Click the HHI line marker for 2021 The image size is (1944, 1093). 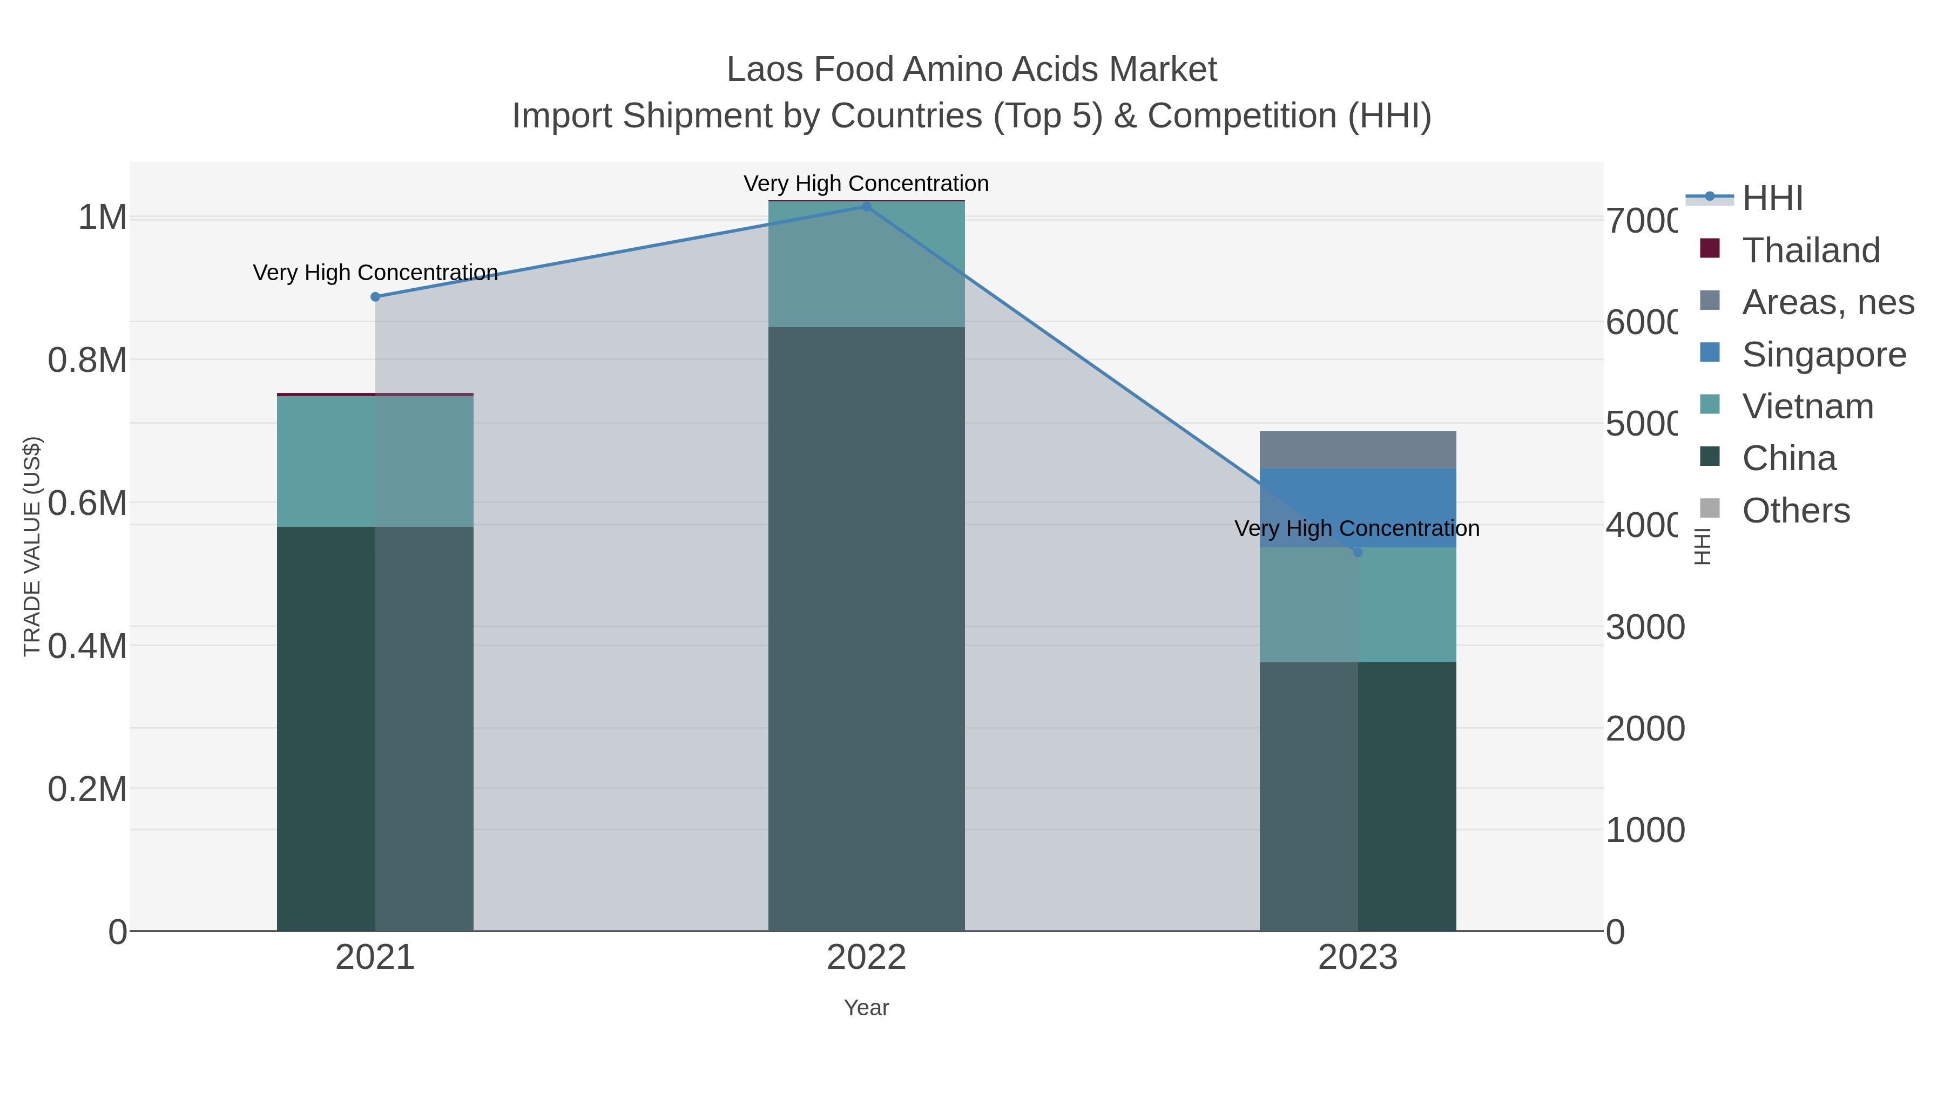[x=375, y=297]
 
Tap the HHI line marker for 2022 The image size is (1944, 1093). [x=866, y=207]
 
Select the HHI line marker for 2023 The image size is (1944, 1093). [x=1358, y=553]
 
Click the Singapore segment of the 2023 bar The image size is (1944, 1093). [x=1358, y=498]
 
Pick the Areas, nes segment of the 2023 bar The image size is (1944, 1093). [x=1358, y=450]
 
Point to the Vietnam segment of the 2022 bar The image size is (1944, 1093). [x=866, y=264]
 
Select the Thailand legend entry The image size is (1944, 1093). [x=1811, y=250]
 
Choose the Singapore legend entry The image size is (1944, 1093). [x=1823, y=355]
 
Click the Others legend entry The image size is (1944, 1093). [x=1796, y=511]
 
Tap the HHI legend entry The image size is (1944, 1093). [x=1772, y=199]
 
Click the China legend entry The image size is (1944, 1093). [x=1788, y=459]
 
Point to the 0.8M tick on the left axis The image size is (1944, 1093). [x=87, y=361]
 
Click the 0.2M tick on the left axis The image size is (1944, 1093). [x=87, y=789]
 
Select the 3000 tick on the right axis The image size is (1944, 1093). [x=1645, y=628]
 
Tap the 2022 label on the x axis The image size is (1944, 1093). [x=866, y=958]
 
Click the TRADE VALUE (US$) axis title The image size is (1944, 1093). [x=32, y=546]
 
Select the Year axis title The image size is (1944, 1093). [x=866, y=1008]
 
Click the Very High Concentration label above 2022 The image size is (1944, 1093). [x=866, y=184]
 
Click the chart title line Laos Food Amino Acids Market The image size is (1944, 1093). [x=971, y=70]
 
